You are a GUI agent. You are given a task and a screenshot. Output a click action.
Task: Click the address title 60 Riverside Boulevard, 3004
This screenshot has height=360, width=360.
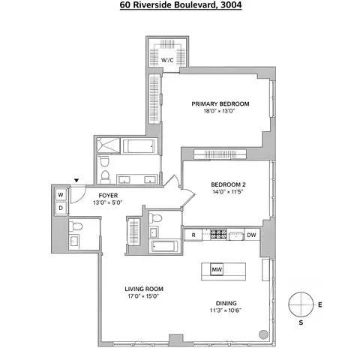click(180, 6)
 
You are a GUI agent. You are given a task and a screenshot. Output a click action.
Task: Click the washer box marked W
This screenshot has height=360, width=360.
click(61, 194)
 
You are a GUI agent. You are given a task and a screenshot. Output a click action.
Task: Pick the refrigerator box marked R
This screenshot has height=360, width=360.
click(194, 235)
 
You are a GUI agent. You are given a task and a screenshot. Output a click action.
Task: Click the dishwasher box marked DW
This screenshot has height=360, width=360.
click(252, 235)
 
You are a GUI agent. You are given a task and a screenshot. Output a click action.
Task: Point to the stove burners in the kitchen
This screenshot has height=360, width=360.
click(220, 235)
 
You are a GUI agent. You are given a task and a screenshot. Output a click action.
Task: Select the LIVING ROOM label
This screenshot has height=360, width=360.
click(144, 289)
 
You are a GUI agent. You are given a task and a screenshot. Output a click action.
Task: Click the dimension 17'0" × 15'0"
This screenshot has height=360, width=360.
click(144, 297)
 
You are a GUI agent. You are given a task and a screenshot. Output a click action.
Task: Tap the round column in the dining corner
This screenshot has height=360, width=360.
click(263, 333)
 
